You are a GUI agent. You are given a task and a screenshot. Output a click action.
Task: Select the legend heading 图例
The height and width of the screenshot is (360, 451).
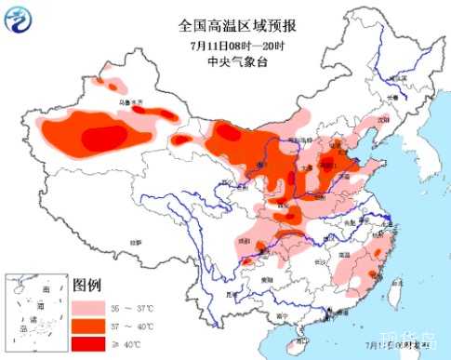86,284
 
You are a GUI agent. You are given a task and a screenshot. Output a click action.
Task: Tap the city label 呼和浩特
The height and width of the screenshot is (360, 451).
303,137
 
